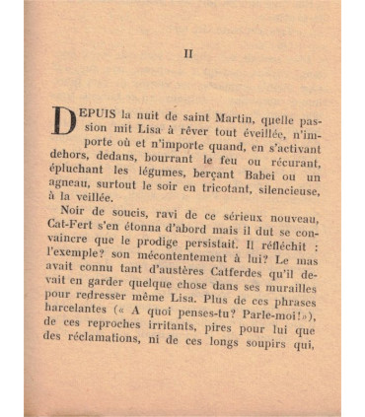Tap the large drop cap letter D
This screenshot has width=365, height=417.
[x=62, y=120]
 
